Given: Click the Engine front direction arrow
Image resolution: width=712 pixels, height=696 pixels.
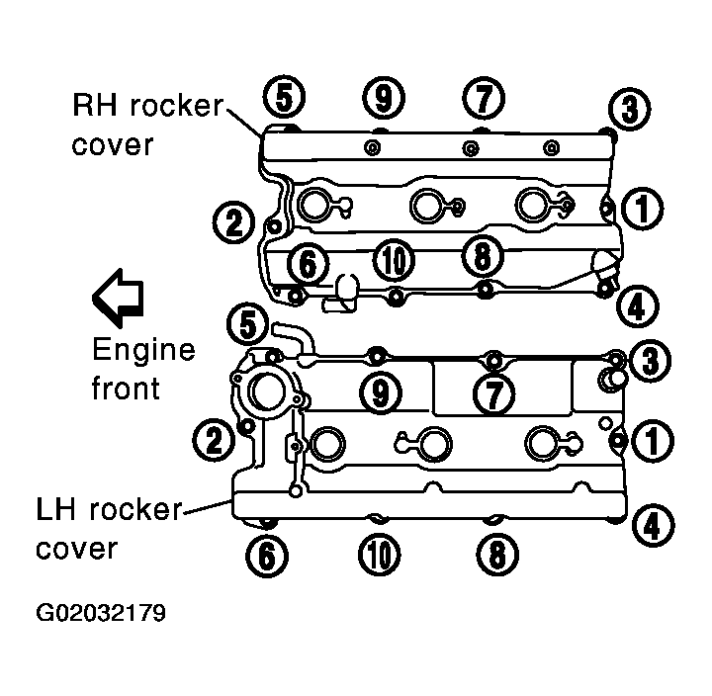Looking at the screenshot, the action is pos(118,298).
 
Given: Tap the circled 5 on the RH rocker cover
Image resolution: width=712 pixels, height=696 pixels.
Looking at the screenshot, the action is pos(285,97).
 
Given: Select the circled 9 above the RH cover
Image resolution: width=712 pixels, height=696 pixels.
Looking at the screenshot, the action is pos(384,98).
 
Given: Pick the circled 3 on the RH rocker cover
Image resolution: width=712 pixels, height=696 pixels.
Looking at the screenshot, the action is pos(629,110).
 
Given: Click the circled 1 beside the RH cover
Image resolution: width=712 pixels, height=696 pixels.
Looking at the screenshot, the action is pos(642,208).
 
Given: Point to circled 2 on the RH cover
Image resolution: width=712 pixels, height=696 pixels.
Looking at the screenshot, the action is pos(234,222).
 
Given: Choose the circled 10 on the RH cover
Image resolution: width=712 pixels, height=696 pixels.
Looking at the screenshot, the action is pos(394,260).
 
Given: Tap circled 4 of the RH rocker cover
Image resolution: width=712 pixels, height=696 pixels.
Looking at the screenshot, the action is pos(638,306).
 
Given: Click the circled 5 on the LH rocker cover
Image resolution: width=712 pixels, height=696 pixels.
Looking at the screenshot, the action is pos(248,324).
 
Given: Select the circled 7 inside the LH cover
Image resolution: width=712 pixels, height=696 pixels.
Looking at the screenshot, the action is pos(494,393).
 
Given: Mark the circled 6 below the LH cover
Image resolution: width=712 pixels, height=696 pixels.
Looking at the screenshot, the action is pos(267,555).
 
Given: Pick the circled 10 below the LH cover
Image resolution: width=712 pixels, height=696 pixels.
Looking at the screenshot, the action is pos(380,554).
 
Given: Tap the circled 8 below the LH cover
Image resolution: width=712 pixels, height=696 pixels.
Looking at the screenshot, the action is pos(497,554).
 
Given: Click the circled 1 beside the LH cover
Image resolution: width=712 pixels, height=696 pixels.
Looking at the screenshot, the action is pos(653,440).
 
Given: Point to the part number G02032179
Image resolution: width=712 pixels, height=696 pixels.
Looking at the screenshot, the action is pos(101,613).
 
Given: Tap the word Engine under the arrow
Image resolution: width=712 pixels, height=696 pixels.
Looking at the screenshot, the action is pos(144,350).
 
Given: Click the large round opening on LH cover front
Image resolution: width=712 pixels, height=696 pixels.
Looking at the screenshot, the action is pos(267,391).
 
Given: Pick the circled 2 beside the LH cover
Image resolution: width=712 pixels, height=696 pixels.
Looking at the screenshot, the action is pos(215,440).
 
